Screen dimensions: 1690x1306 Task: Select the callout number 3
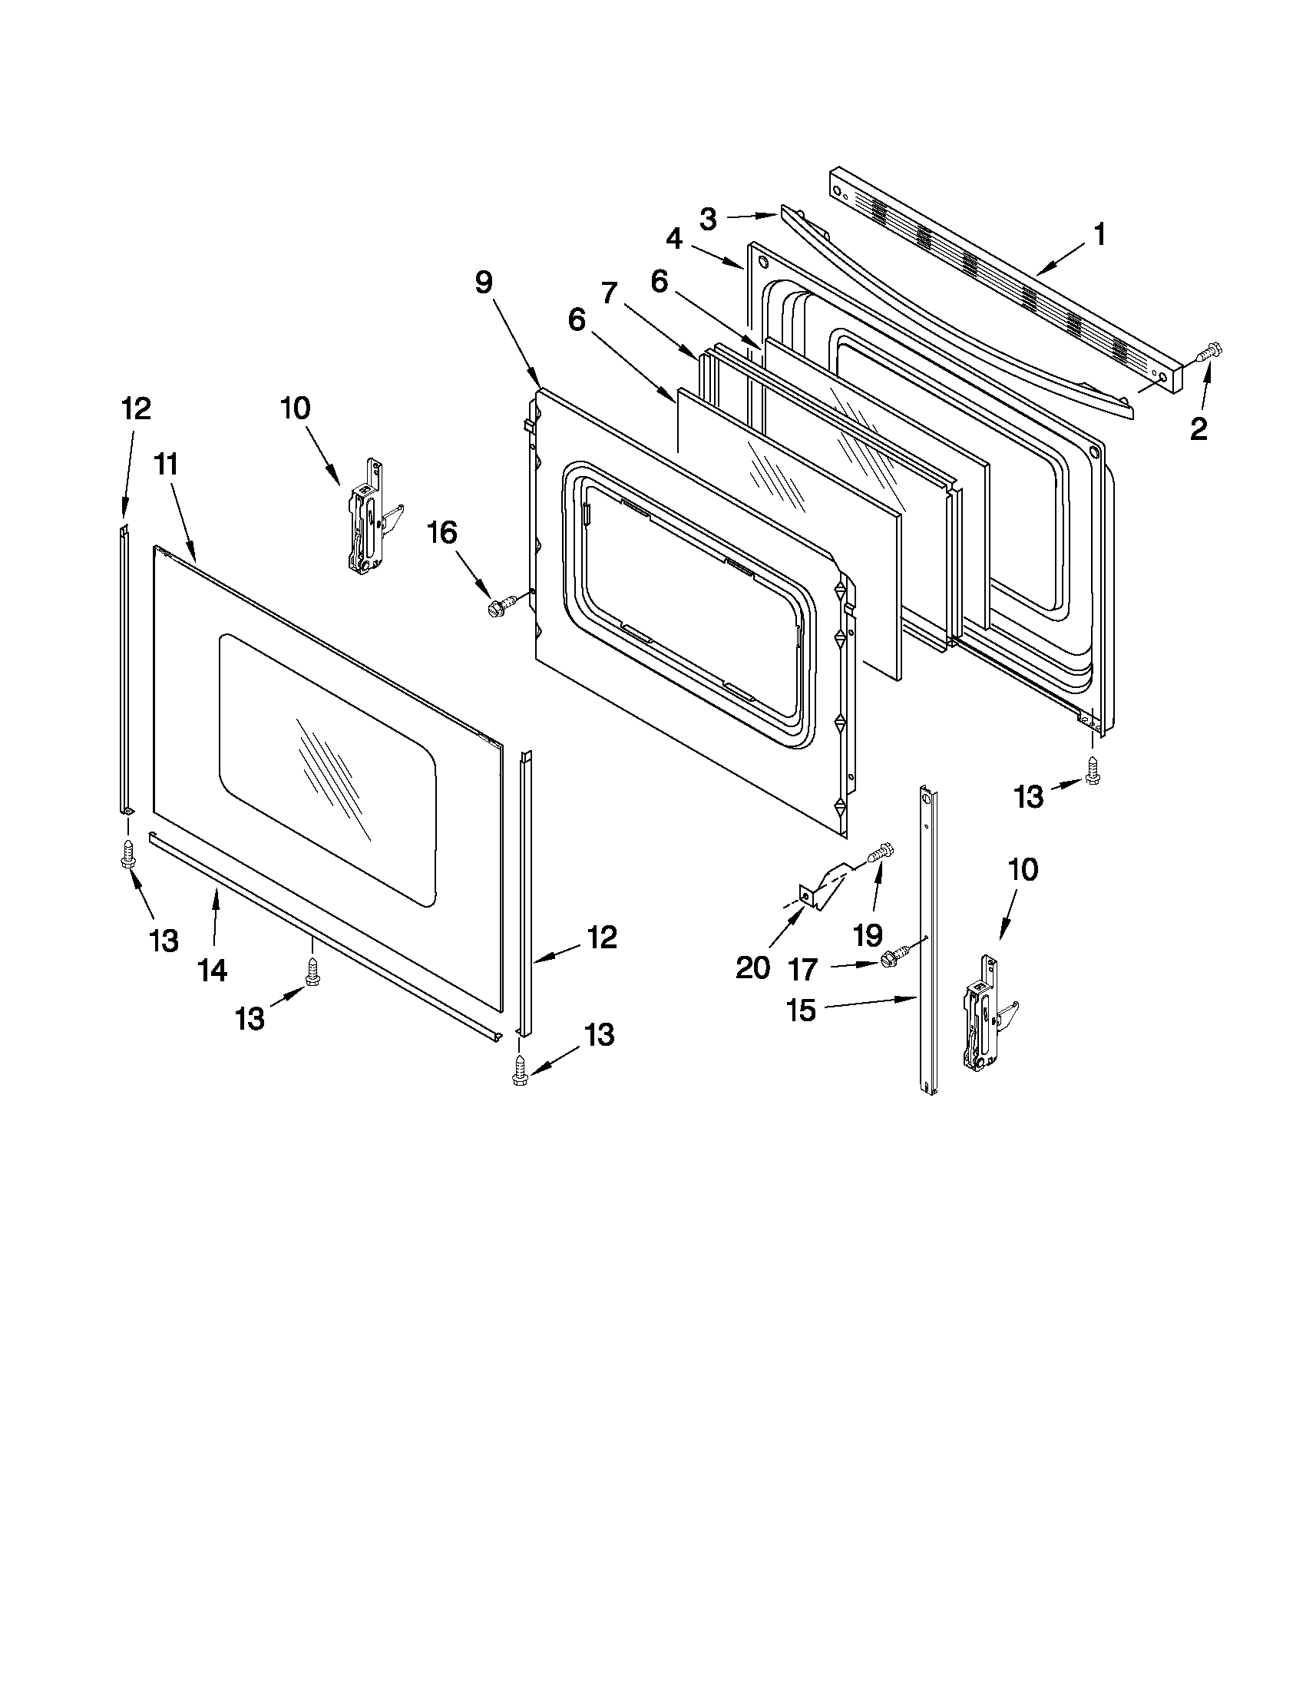coord(708,219)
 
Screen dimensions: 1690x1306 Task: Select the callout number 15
coord(802,1010)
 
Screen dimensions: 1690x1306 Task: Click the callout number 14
coord(213,970)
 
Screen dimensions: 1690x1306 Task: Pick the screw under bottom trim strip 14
coord(312,972)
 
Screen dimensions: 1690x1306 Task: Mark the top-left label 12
coord(136,408)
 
